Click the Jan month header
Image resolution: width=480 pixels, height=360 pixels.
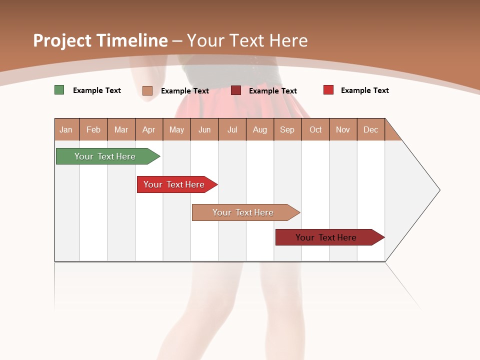pos(66,129)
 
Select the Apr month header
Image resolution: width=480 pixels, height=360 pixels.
pos(148,129)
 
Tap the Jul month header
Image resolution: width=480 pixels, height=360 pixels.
pos(232,129)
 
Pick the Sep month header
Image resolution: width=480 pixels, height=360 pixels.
pos(287,129)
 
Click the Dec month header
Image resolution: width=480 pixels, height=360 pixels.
pos(370,129)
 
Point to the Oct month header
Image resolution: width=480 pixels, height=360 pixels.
pos(315,129)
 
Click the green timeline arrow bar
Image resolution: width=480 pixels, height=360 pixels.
pos(105,156)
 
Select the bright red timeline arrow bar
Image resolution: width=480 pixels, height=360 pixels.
pos(174,184)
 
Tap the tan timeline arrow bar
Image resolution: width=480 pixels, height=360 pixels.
pos(243,212)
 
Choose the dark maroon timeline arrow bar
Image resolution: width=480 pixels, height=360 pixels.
pos(326,237)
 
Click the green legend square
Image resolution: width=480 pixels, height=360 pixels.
pos(59,90)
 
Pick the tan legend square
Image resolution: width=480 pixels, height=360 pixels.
pos(147,90)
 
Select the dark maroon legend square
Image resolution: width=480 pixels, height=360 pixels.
pos(236,90)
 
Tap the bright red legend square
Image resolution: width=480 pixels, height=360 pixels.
pos(328,90)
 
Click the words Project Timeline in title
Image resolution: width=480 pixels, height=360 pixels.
pos(100,40)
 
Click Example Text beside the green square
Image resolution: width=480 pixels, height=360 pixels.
pos(97,90)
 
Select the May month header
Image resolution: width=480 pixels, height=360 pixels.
pos(176,129)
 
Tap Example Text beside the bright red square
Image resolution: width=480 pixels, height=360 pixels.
pos(365,90)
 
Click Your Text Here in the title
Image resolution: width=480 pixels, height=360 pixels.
pos(247,40)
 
